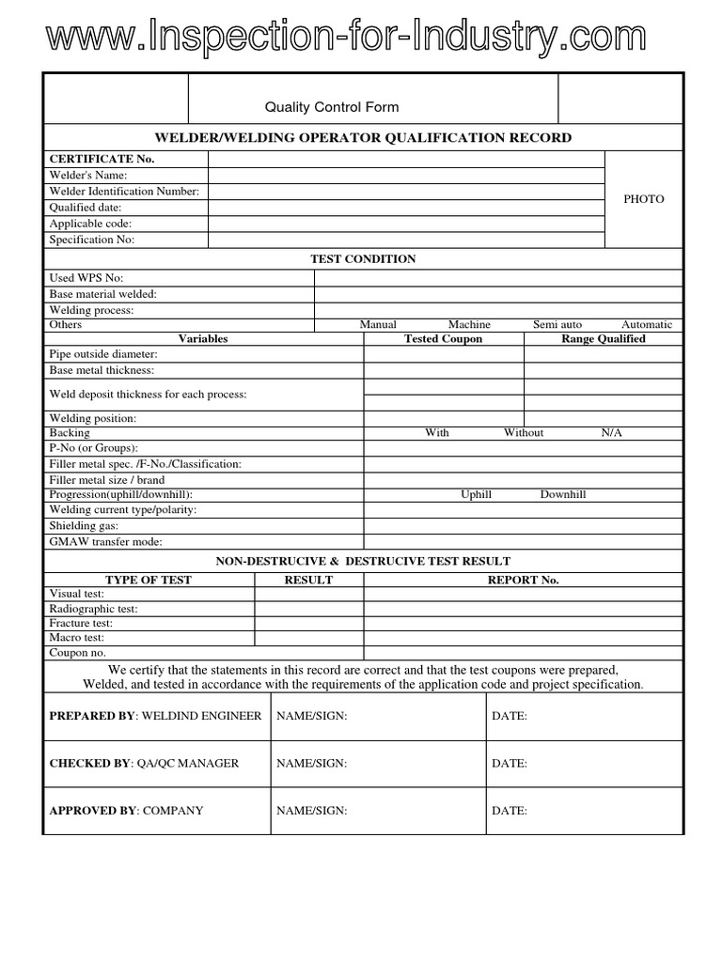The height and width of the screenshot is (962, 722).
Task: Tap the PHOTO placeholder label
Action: tap(643, 199)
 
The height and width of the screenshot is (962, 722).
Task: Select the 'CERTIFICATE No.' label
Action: tap(102, 159)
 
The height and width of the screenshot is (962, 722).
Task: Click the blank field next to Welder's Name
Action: tap(405, 176)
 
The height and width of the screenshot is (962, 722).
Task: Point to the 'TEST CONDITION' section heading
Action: tap(363, 259)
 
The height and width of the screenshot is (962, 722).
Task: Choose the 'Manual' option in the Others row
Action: tap(378, 324)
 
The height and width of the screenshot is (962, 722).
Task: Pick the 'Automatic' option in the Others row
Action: tap(646, 324)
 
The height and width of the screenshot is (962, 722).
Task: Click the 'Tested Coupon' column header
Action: tap(443, 339)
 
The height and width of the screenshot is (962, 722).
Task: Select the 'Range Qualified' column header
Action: tap(603, 339)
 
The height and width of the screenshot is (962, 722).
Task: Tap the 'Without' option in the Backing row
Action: tap(524, 433)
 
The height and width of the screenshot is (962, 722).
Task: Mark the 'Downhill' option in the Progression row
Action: tap(562, 494)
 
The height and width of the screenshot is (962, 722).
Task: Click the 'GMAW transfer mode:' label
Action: tap(105, 542)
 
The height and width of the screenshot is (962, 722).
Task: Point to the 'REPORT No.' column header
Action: tap(523, 580)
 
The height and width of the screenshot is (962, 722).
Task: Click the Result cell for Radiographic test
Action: tap(308, 609)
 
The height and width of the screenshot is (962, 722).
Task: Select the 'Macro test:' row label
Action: tap(76, 637)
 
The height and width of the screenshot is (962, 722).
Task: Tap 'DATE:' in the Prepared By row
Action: tap(509, 716)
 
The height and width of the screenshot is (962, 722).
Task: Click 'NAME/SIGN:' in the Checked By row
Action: tap(311, 764)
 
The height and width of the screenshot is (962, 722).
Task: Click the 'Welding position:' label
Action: tap(92, 418)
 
